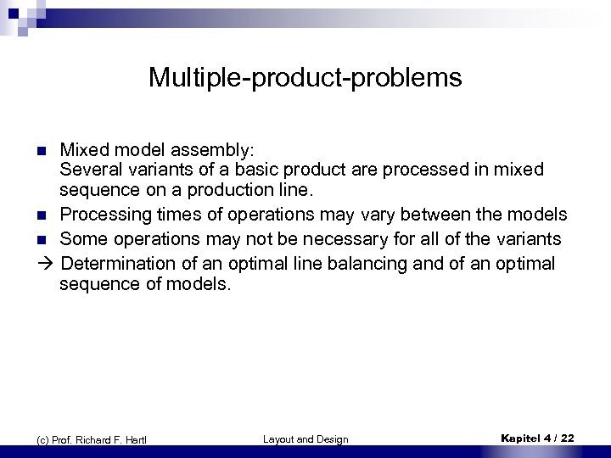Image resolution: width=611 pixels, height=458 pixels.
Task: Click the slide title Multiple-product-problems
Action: [x=305, y=78]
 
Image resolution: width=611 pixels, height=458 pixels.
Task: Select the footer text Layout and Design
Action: [x=305, y=438]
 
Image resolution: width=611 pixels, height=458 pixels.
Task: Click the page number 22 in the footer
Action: [x=566, y=438]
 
